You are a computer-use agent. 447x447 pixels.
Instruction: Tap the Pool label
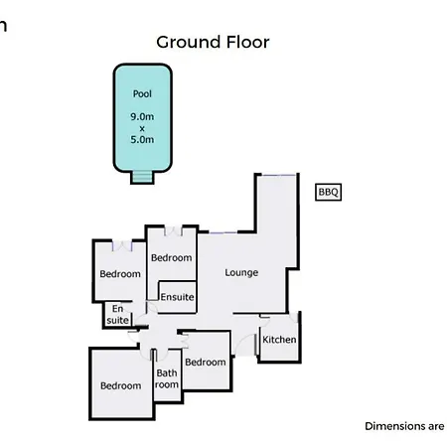coord(142,94)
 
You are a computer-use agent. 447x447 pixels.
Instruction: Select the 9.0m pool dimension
coord(142,116)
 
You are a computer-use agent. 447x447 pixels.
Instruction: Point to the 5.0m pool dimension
coord(142,139)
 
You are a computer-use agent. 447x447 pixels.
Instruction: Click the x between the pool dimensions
coord(142,128)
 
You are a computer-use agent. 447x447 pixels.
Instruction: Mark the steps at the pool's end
coord(142,177)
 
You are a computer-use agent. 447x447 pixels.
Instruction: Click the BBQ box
coord(328,192)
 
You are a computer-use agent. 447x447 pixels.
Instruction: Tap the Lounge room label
coord(241,272)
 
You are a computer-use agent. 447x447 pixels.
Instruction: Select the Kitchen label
coord(279,340)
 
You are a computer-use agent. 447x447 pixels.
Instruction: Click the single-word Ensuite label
coord(177,297)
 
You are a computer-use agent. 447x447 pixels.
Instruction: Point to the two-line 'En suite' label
coord(117,315)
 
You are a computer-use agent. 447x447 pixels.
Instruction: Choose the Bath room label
coord(167,378)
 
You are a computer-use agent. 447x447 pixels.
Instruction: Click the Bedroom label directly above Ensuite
coord(172,257)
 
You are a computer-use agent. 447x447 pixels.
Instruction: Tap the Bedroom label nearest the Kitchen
coord(206,362)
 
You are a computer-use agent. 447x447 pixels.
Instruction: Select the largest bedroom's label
coord(121,385)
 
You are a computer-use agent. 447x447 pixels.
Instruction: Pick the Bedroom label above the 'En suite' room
coord(120,274)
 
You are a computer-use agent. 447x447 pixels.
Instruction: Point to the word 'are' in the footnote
coord(436,427)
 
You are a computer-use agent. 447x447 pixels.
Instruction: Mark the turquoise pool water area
coord(143,118)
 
